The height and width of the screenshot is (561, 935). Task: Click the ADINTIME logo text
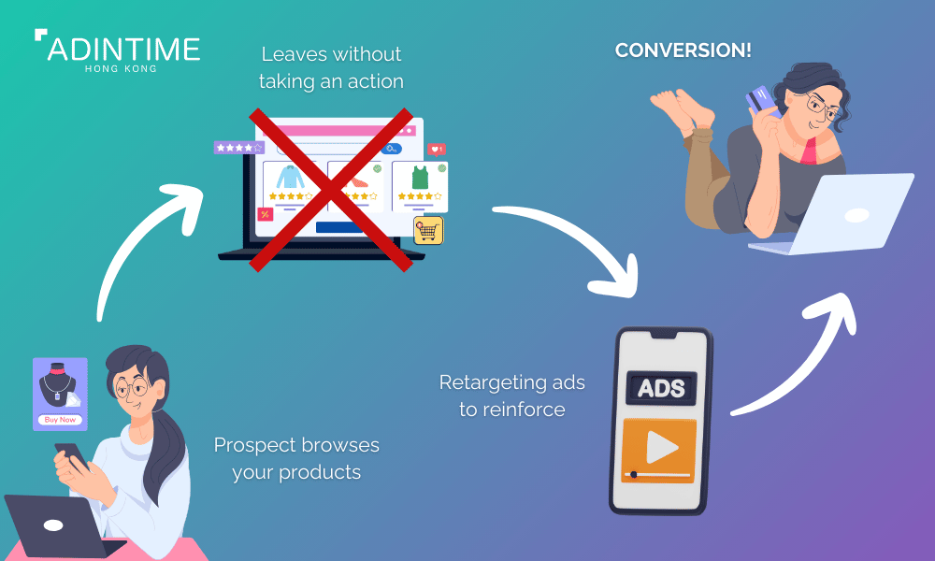pyautogui.click(x=123, y=49)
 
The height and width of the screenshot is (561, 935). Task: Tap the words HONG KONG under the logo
pyautogui.click(x=121, y=69)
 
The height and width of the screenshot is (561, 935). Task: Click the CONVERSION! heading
pyautogui.click(x=683, y=50)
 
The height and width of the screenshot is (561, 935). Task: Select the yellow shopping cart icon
pyautogui.click(x=428, y=230)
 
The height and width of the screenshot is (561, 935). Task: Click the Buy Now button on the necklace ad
pyautogui.click(x=60, y=420)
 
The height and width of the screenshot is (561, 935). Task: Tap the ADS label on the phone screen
pyautogui.click(x=661, y=389)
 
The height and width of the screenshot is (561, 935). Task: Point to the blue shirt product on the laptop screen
pyautogui.click(x=291, y=177)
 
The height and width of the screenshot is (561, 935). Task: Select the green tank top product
pyautogui.click(x=421, y=178)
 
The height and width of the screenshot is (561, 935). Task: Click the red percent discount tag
pyautogui.click(x=266, y=214)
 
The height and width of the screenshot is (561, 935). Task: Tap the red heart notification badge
pyautogui.click(x=436, y=149)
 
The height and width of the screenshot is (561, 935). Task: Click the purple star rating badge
pyautogui.click(x=239, y=147)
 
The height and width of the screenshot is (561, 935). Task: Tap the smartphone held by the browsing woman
pyautogui.click(x=71, y=455)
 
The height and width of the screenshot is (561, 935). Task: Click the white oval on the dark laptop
pyautogui.click(x=53, y=525)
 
